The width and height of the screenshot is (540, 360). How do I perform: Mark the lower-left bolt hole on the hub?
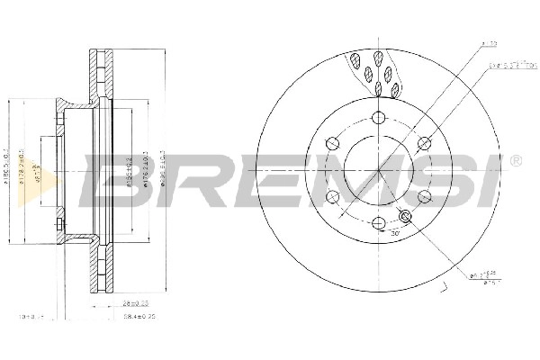(x=332, y=196)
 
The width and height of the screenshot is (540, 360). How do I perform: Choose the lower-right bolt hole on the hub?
(x=425, y=196)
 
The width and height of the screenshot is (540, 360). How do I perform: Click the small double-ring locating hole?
(x=404, y=216)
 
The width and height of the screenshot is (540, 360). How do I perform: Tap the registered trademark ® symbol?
(x=514, y=160)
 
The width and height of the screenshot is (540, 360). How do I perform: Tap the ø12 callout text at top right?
(x=490, y=42)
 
